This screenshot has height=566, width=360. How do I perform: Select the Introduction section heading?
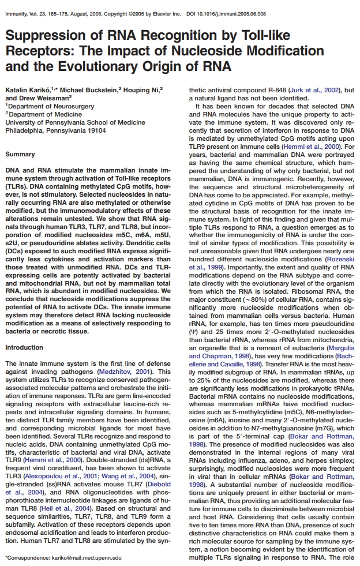(x=24, y=348)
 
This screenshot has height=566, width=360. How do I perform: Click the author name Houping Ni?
(x=144, y=91)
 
